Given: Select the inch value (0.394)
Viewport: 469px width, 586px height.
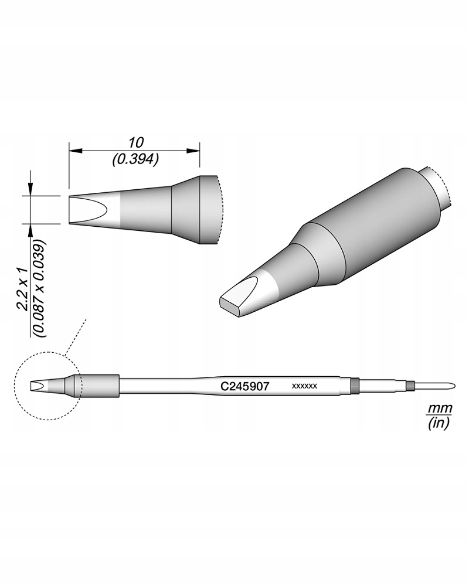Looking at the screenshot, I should [135, 159].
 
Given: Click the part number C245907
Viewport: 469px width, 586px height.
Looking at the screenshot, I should [244, 387].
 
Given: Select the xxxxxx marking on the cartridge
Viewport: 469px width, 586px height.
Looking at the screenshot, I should [304, 387].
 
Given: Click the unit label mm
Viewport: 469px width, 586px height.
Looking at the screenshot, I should [436, 407].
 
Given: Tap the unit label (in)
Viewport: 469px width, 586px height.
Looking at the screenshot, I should [436, 423].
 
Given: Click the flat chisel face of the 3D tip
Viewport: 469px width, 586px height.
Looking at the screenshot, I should [237, 296].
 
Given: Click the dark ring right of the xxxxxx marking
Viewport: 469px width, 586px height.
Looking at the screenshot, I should [354, 386].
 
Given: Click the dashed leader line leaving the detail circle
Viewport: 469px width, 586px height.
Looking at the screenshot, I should [76, 337].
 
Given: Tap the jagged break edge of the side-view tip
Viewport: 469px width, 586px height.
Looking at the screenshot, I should [218, 210].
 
